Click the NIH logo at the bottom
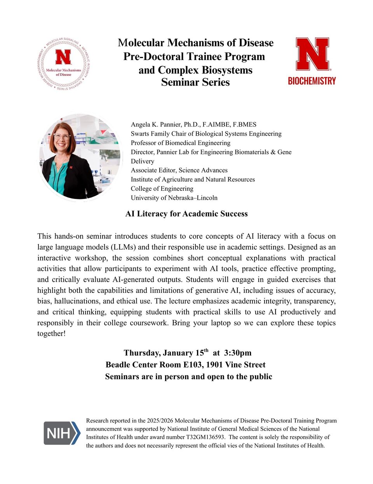[62, 433]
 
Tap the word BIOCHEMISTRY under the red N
[312, 81]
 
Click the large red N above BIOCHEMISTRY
[312, 54]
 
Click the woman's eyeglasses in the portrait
[62, 137]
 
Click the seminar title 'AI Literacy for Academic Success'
[186, 214]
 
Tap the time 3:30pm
[237, 353]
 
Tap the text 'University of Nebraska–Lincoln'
[174, 198]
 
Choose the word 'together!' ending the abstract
[51, 334]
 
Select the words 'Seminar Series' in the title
[195, 83]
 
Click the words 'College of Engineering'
[162, 188]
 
